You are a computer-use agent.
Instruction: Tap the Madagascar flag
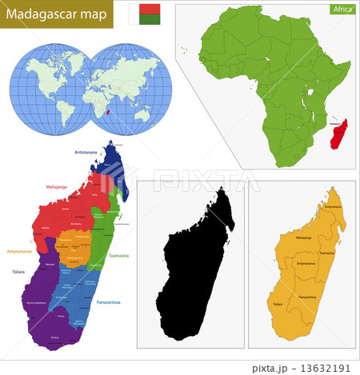(x=146, y=14)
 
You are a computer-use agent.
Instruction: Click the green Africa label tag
(x=341, y=10)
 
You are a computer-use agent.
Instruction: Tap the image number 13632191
(x=330, y=368)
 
